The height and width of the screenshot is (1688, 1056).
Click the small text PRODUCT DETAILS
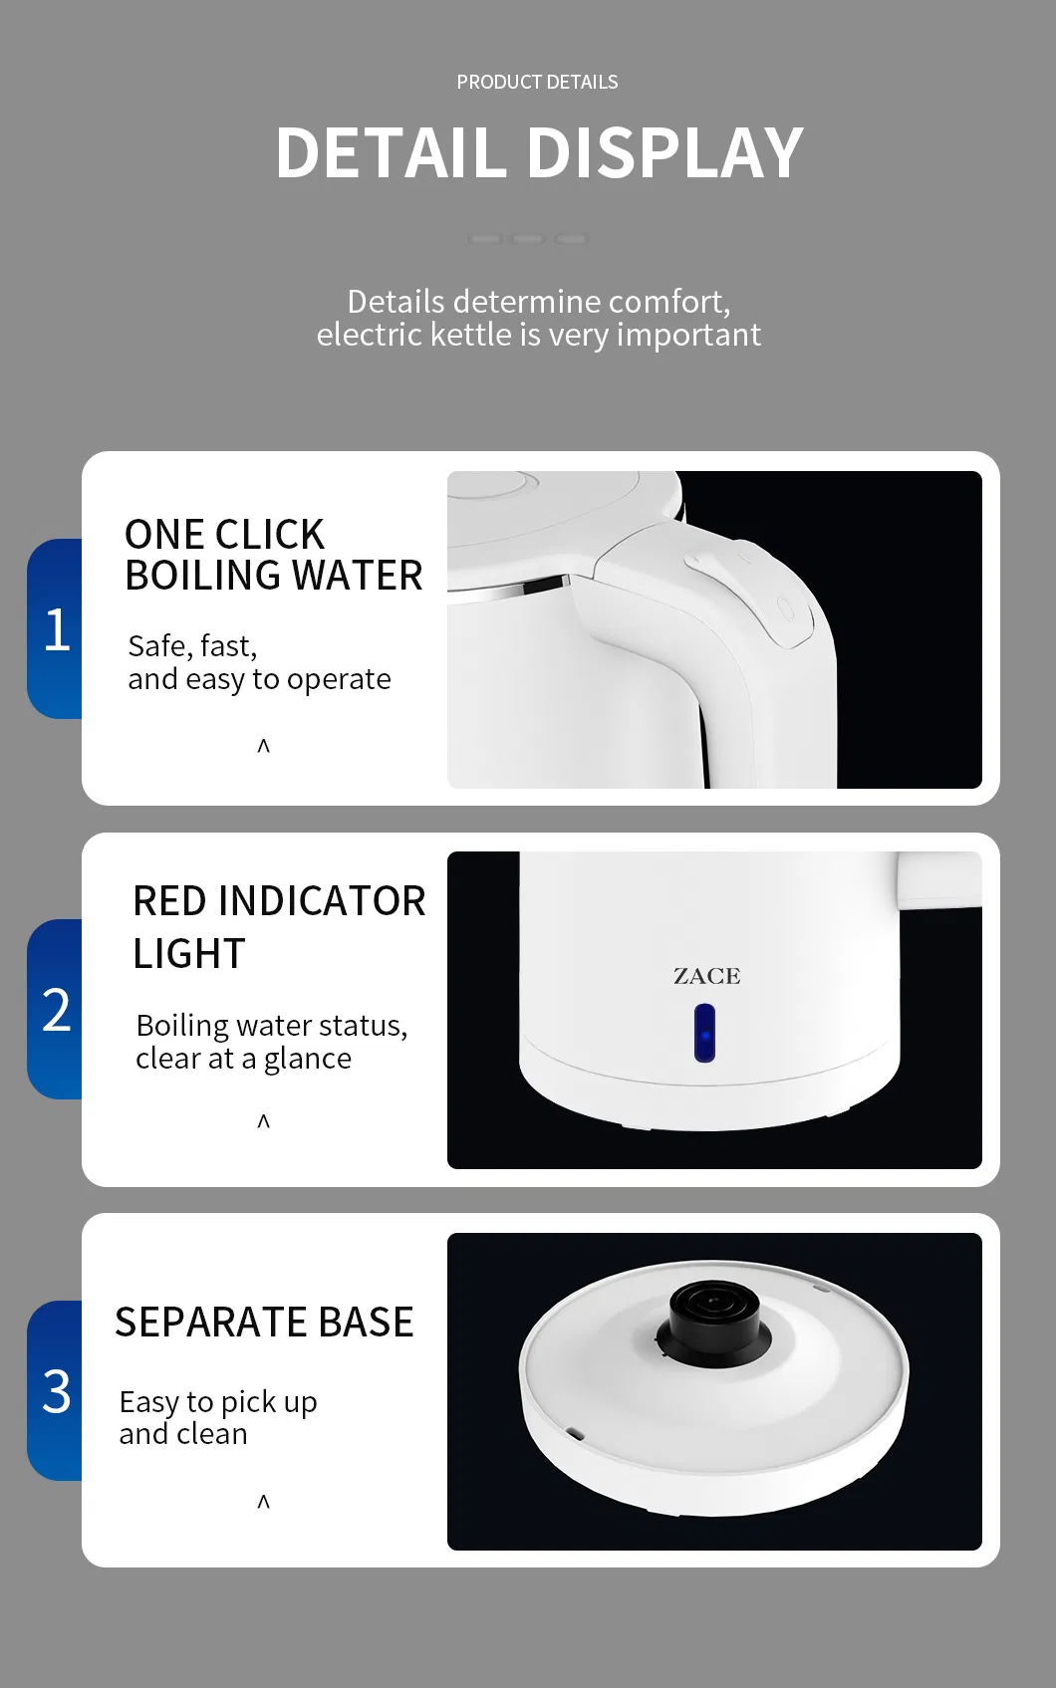click(x=537, y=83)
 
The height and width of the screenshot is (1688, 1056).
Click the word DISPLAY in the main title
click(x=664, y=153)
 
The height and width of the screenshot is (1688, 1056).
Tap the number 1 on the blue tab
click(x=57, y=630)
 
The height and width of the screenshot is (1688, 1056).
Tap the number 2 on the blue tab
click(x=57, y=1010)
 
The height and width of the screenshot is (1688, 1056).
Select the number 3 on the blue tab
click(x=57, y=1391)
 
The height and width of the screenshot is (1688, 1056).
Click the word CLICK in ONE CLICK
click(x=270, y=535)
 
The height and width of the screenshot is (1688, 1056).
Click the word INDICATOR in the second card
click(x=321, y=901)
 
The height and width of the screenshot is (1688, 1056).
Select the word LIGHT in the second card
click(x=189, y=954)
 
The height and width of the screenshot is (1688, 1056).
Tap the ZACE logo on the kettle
click(x=706, y=976)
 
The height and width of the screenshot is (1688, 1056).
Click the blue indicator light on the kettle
click(x=704, y=1033)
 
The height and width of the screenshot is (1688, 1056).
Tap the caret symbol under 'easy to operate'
click(x=264, y=746)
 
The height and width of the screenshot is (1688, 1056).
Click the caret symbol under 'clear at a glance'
click(x=264, y=1121)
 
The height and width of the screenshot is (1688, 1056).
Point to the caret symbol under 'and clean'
click(x=264, y=1502)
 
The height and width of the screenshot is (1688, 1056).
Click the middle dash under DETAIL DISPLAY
click(x=528, y=239)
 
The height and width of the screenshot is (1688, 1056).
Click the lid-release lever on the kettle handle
click(x=707, y=565)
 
